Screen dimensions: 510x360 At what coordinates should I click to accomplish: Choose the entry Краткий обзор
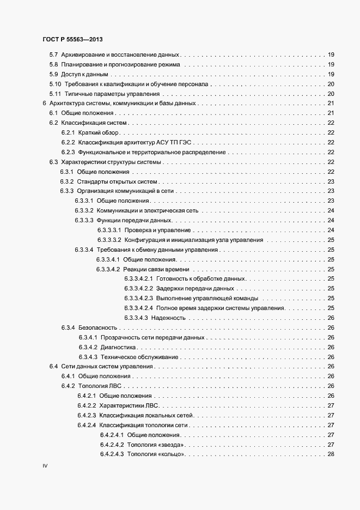[x=99, y=132]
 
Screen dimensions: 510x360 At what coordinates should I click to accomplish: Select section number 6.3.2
[x=66, y=181]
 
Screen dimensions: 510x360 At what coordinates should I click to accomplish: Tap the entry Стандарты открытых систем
[x=117, y=181]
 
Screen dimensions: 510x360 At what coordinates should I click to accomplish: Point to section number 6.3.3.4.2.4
[x=138, y=308]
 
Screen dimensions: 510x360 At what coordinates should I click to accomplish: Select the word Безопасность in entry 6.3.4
[x=97, y=327]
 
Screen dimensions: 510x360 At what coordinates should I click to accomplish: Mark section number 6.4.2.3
[x=87, y=415]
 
